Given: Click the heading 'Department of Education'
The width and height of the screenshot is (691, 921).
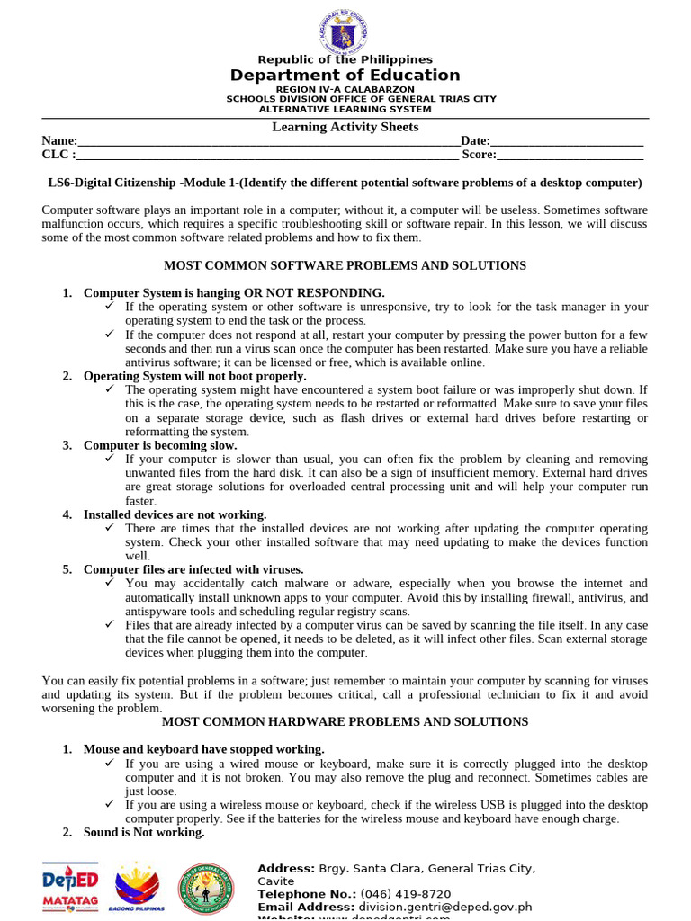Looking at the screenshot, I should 345,76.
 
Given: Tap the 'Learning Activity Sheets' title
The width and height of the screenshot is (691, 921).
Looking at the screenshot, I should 345,127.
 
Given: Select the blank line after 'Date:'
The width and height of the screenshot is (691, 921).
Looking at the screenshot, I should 567,142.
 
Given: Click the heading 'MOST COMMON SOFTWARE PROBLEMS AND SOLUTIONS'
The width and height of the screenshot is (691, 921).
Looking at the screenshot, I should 345,266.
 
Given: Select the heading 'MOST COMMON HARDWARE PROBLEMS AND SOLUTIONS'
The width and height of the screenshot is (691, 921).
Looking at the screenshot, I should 345,722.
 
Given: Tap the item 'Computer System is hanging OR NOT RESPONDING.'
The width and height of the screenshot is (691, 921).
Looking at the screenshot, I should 234,293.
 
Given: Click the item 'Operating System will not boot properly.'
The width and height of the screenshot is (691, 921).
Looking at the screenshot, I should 195,376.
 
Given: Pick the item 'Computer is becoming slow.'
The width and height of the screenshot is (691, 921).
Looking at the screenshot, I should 160,445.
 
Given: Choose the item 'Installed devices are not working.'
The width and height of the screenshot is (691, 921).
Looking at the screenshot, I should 175,514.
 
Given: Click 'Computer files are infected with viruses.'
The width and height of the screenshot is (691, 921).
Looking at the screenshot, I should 193,569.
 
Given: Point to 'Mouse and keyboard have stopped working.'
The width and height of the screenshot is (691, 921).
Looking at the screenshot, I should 203,749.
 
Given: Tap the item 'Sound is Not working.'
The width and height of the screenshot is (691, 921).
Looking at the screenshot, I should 144,832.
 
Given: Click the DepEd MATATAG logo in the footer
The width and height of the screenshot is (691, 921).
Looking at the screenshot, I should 69,889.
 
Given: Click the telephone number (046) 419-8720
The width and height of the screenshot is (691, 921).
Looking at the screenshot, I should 406,894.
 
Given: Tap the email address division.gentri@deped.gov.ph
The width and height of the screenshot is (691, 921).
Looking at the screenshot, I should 445,908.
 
